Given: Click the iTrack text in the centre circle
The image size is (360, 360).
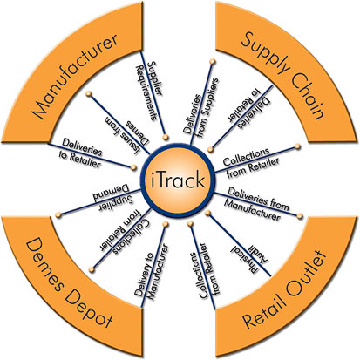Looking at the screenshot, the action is coord(178,180).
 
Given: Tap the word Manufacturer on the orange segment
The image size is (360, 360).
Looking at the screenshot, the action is coord(76,76).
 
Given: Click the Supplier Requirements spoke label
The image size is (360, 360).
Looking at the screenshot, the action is coord(150,91).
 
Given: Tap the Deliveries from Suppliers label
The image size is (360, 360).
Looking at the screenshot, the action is coord(200,106).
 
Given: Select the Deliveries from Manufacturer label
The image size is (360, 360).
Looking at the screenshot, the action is coord(256,204).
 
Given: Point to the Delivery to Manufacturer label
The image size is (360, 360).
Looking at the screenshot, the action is coord(152,271).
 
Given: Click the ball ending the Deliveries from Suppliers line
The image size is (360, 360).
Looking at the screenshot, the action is coord(213,61).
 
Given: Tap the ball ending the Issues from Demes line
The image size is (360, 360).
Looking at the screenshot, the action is coord(89,93).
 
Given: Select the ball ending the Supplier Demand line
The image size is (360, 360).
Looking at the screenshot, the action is coord(58,214).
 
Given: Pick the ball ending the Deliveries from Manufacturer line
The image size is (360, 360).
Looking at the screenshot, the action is coord(300,216).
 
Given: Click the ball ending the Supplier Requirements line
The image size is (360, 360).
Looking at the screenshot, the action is coord(166,137).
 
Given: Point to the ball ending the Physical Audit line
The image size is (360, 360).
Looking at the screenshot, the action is coord(207,213).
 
